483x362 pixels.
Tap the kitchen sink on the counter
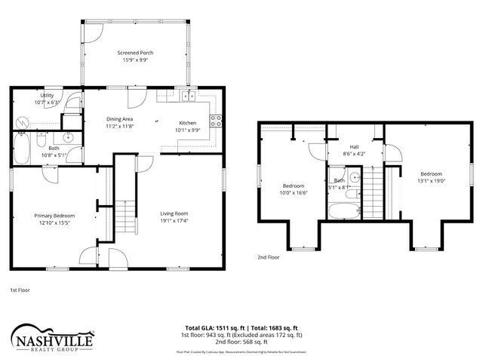coord(186,97)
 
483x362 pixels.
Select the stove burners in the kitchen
coord(216,118)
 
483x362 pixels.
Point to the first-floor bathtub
coord(21,149)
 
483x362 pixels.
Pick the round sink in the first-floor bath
coord(68,137)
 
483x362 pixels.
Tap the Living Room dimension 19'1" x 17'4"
coord(174,221)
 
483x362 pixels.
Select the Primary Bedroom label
coord(54,216)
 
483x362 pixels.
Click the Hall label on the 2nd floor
coord(353,146)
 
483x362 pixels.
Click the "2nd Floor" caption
coord(269,257)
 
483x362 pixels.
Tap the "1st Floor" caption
coord(20,290)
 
